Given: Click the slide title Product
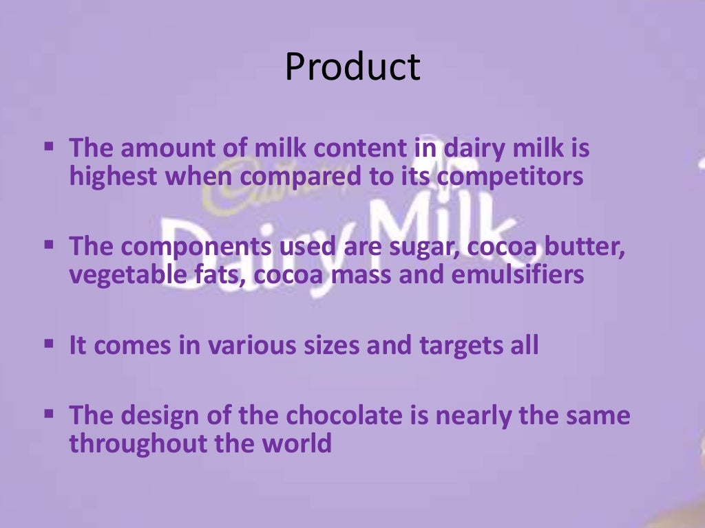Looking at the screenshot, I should pyautogui.click(x=352, y=67).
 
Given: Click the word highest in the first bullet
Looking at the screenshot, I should pyautogui.click(x=112, y=177).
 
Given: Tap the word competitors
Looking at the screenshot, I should pyautogui.click(x=510, y=177).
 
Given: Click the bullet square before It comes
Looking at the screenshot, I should pyautogui.click(x=49, y=342).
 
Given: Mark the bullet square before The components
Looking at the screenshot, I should pyautogui.click(x=49, y=243).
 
